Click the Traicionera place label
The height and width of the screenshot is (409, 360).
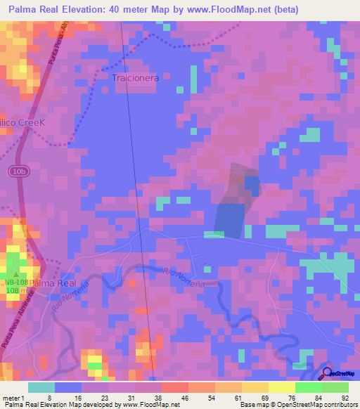(135, 78)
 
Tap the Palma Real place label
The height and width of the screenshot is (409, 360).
(53, 283)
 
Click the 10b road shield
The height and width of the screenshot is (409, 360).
(16, 170)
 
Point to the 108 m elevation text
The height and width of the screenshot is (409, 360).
(13, 290)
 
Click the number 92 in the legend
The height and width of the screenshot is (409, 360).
(345, 398)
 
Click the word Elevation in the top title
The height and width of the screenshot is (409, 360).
(88, 10)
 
